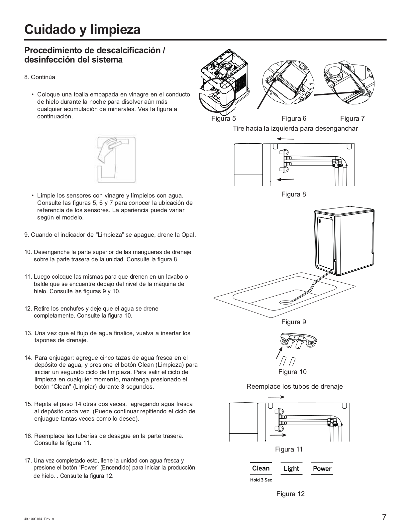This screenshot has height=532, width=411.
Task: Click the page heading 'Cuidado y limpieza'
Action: point(82,30)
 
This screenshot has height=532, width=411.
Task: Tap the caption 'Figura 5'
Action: point(224,119)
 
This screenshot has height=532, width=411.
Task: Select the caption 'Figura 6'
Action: point(294,119)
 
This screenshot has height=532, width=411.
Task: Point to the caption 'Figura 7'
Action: point(353,119)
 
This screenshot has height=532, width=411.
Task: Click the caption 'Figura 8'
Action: point(294,195)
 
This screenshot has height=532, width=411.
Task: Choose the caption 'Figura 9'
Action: point(294,322)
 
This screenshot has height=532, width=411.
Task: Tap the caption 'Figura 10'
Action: point(292,372)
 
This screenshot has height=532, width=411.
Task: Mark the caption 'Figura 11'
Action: point(289,450)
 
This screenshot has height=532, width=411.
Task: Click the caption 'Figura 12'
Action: point(290,494)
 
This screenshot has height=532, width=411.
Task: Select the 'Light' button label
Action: point(291,469)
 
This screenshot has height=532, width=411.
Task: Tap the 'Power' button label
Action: point(322,469)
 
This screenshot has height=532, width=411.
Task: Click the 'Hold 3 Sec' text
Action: point(261,480)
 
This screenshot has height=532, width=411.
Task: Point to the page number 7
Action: point(384,518)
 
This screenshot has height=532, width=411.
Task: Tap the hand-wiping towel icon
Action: point(116,159)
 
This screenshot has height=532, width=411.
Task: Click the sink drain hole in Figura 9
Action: point(285,302)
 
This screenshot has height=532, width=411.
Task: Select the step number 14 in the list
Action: point(28,358)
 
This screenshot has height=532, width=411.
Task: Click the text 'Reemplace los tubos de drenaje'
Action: point(294,387)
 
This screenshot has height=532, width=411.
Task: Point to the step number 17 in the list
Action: point(28,461)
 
